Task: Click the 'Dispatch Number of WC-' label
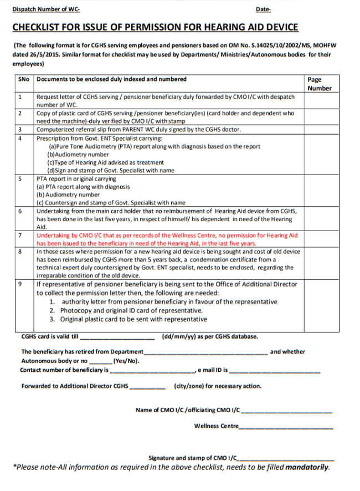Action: point(47,10)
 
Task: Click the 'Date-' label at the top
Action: point(264,10)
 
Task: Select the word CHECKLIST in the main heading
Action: point(42,27)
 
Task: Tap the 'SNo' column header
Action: point(23,80)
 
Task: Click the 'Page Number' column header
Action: point(319,84)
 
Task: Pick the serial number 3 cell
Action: point(20,129)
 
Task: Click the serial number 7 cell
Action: point(20,236)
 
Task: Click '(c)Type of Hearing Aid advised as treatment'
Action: point(105,163)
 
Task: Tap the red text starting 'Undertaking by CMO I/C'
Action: point(166,239)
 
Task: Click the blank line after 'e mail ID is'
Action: point(274,370)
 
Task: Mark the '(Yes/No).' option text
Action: point(126,361)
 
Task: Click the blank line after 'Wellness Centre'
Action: point(286,427)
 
